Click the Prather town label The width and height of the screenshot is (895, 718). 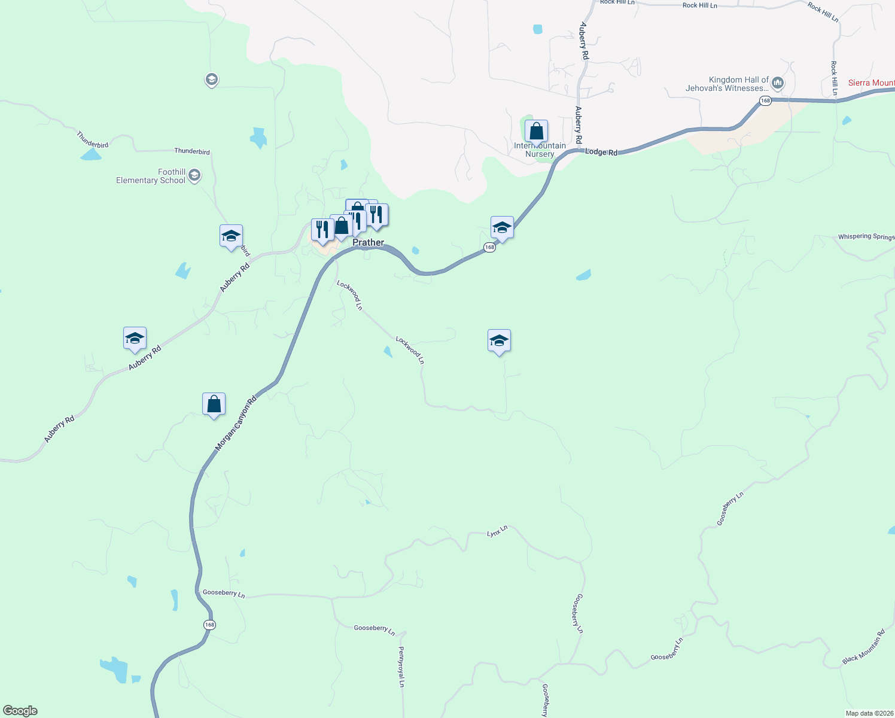368,242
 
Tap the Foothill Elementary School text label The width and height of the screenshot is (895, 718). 151,176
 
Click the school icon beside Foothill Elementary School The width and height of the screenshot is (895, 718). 194,175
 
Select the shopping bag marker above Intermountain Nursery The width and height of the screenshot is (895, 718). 536,132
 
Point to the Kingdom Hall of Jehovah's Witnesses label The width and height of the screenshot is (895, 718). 727,84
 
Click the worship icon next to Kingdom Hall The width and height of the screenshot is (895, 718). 777,83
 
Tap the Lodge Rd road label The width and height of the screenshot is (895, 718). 601,152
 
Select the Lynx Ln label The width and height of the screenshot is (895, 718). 497,531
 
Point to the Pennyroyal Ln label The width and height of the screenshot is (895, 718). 401,667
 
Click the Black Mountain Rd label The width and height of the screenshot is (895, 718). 863,647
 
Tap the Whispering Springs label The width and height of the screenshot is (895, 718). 866,237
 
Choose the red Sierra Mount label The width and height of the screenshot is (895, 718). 871,83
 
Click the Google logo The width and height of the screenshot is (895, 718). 20,711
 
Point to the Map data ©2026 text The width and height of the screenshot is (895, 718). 869,713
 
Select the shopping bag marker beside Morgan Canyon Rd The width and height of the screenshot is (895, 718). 214,404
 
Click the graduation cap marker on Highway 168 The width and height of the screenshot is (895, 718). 501,228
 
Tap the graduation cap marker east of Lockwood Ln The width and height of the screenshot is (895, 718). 499,341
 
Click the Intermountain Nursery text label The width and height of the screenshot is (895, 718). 540,150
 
